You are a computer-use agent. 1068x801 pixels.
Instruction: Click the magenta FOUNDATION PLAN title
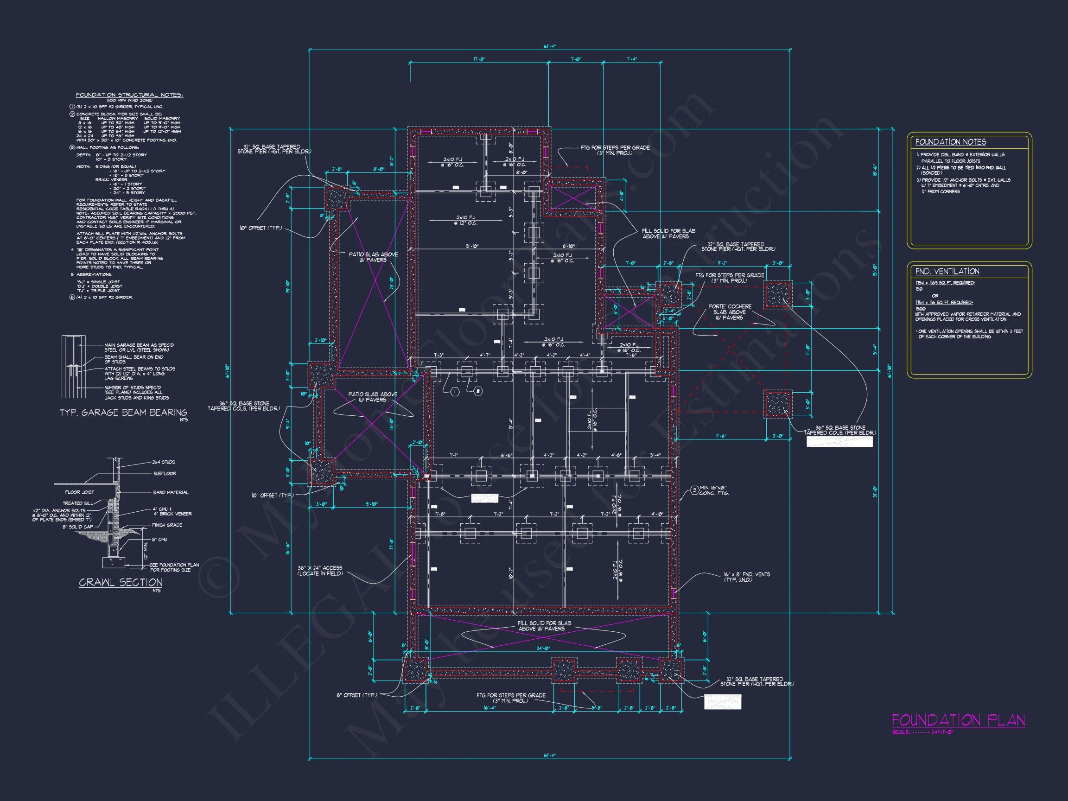coord(958,720)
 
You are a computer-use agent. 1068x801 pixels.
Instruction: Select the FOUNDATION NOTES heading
coord(950,142)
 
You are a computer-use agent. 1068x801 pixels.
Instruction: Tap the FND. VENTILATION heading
coord(947,271)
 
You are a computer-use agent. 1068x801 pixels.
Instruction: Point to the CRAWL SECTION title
coord(120,582)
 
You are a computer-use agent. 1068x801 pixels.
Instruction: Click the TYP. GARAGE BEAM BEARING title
coord(123,413)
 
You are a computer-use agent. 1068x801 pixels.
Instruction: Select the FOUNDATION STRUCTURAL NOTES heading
coord(129,95)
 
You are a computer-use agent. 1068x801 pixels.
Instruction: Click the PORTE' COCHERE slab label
coord(730,312)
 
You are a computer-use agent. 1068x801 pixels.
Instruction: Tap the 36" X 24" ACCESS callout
coord(320,571)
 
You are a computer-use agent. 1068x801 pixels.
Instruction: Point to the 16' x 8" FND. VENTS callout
coord(746,577)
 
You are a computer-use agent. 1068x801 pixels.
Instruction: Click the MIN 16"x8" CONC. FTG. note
coord(713,490)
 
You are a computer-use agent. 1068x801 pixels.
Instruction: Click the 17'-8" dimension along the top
coord(478,59)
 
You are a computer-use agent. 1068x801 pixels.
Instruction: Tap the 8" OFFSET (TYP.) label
coord(356,695)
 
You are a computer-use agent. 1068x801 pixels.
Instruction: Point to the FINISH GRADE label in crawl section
coord(167,525)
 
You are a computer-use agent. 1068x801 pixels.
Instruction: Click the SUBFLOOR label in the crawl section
coord(165,474)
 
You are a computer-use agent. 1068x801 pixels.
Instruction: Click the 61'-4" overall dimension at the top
coord(549,47)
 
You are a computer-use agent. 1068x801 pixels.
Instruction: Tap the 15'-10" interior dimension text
coord(472,246)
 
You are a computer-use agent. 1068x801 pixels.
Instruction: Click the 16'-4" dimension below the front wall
coord(489,708)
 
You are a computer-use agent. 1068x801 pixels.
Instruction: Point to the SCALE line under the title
coord(922,732)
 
